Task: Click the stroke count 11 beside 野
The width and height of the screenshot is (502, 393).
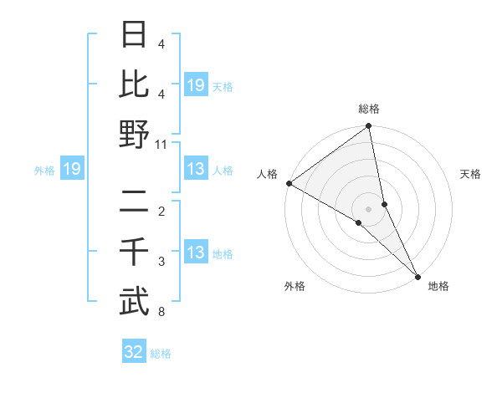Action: coord(161,144)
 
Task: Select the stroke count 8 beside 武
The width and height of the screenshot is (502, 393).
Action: coord(161,313)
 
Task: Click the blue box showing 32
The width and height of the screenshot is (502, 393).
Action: coord(134,352)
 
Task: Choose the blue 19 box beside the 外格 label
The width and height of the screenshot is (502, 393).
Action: coord(71,170)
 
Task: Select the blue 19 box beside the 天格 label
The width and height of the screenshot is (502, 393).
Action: coord(195,84)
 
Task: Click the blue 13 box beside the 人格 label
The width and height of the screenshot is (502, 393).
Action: coord(195,170)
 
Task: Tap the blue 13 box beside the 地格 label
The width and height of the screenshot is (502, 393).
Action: coord(195,253)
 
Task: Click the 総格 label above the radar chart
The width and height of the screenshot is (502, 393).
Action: coord(369,109)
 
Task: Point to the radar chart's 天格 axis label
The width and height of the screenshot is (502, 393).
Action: coord(471,174)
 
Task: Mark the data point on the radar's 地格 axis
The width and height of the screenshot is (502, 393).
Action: coord(417,276)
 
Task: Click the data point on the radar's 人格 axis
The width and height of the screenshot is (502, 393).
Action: coord(289,183)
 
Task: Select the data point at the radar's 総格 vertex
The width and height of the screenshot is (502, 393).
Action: coord(369,127)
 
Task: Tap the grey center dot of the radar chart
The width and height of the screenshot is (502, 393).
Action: coord(369,209)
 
